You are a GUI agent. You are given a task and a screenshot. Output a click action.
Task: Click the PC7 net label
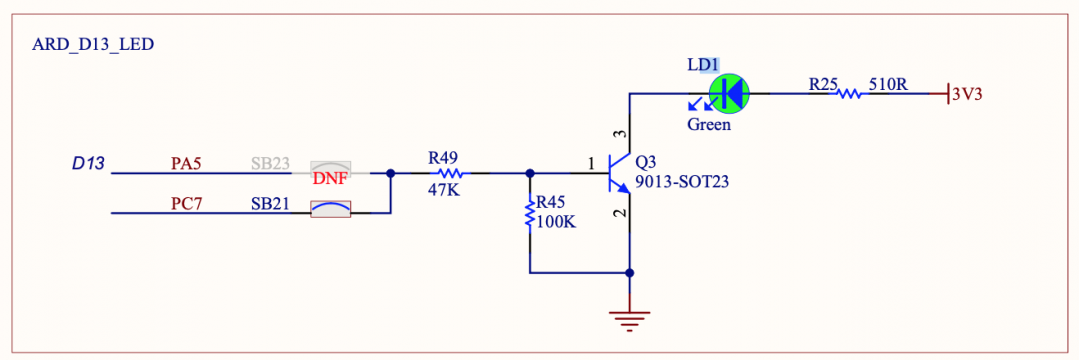point(187,203)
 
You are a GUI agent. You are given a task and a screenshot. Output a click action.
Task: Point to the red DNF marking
point(330,178)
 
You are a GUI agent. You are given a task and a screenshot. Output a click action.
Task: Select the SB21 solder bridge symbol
point(330,209)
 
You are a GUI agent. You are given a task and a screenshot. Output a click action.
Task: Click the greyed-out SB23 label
point(269,162)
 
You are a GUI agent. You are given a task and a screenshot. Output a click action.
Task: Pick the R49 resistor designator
point(442,157)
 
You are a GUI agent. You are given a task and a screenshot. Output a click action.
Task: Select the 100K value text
point(556,222)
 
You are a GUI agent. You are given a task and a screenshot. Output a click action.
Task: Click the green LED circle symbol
point(729,93)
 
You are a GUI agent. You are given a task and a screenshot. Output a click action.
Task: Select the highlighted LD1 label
point(702,65)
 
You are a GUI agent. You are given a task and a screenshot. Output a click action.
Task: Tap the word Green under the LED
point(708,125)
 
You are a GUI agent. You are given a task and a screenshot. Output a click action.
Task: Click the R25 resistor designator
point(821,85)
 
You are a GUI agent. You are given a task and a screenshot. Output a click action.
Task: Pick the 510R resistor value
point(888,85)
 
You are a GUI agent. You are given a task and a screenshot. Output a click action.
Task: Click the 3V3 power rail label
point(966,94)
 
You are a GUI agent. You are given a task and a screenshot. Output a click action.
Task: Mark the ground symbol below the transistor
point(629,321)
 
